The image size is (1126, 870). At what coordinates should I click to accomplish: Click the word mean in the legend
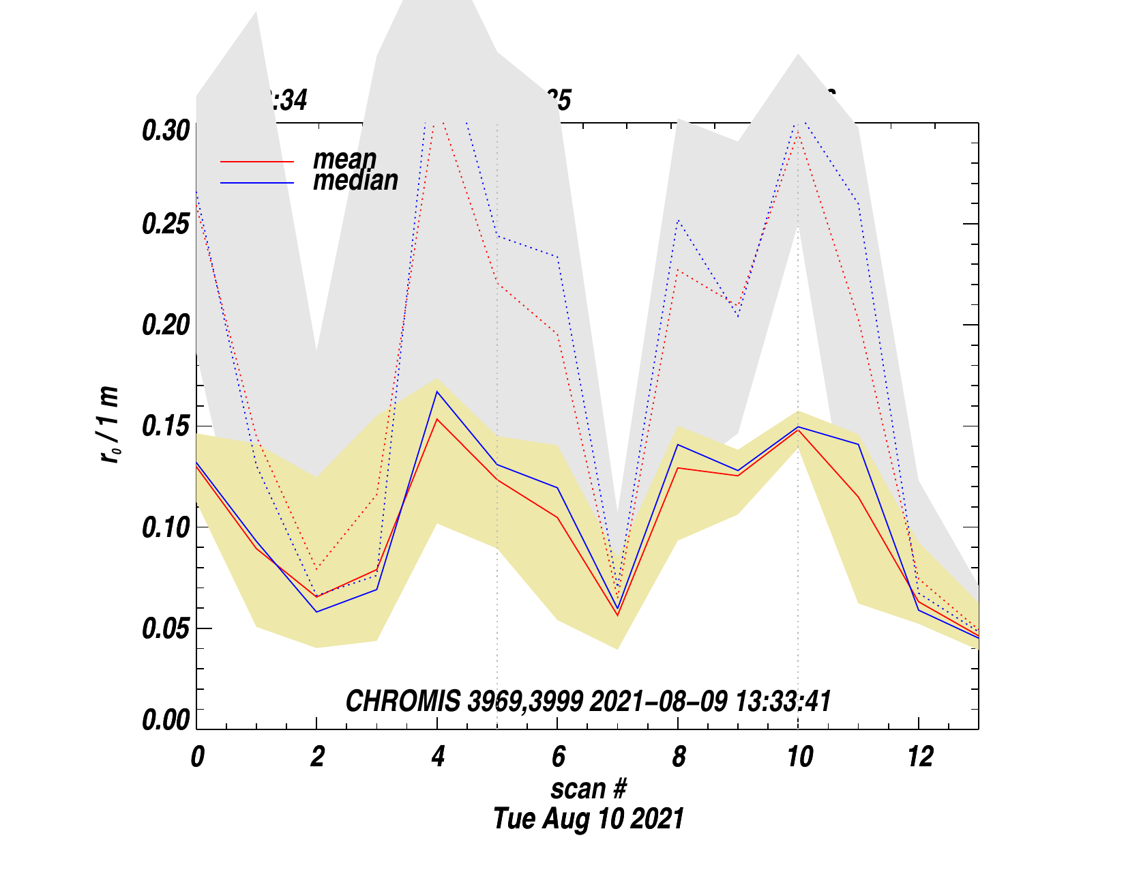[x=344, y=159]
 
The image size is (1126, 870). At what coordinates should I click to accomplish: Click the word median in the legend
[x=355, y=180]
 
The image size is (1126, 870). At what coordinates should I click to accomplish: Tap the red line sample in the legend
[x=257, y=162]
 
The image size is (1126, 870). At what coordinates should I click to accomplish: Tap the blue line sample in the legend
[x=257, y=183]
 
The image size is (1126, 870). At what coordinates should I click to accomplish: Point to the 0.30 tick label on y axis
[x=165, y=130]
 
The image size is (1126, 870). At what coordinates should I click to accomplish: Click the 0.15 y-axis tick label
[x=165, y=426]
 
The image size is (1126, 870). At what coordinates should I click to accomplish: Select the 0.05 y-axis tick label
[x=165, y=628]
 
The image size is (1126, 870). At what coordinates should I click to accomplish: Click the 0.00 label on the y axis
[x=165, y=720]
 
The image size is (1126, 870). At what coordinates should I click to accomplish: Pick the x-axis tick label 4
[x=438, y=757]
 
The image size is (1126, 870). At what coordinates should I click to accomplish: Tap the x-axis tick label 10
[x=799, y=757]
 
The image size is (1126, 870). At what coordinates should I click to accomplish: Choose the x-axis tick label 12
[x=919, y=757]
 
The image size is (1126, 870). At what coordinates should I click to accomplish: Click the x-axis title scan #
[x=588, y=789]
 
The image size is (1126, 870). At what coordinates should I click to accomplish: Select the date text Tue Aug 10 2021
[x=588, y=818]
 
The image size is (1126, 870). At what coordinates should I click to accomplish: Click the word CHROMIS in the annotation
[x=402, y=701]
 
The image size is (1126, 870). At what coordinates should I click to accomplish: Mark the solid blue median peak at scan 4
[x=437, y=391]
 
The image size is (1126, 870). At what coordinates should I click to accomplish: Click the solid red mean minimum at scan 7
[x=618, y=615]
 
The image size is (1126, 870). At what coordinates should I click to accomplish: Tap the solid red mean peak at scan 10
[x=798, y=430]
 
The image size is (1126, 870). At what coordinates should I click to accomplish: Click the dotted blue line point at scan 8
[x=678, y=220]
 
